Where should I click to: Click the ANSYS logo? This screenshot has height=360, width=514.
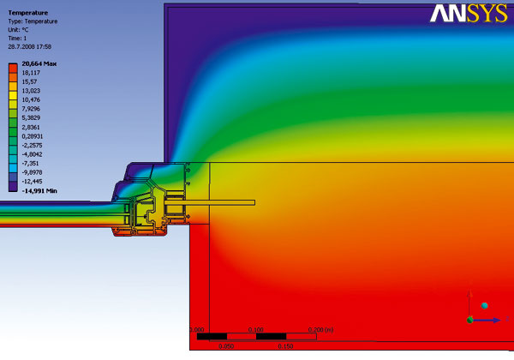click(469, 14)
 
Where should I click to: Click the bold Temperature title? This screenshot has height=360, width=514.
click(28, 13)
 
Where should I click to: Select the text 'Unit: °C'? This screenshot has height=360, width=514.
click(18, 30)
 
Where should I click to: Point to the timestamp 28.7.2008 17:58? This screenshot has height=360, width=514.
click(29, 47)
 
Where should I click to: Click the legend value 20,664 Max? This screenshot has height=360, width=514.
click(39, 63)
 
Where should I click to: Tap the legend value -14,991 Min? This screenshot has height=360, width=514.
click(39, 191)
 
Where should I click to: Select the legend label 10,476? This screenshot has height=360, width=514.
click(31, 99)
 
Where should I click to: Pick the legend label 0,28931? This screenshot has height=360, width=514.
click(33, 136)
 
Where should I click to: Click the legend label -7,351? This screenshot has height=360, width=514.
click(30, 163)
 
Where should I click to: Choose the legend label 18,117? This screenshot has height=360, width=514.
click(31, 73)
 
